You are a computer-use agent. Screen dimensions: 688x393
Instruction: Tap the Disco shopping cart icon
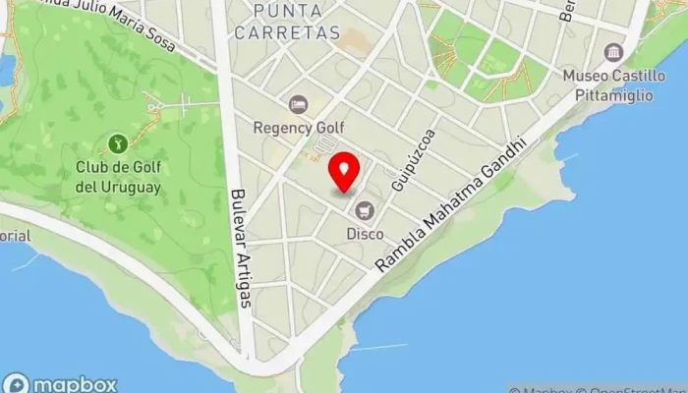pyautogui.click(x=366, y=209)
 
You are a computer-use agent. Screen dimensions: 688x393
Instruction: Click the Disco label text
pyautogui.click(x=365, y=234)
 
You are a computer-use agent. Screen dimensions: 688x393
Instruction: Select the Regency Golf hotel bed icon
pyautogui.click(x=298, y=103)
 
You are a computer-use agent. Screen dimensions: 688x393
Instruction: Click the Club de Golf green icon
pyautogui.click(x=118, y=143)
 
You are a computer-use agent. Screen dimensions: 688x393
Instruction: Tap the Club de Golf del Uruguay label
pyautogui.click(x=118, y=176)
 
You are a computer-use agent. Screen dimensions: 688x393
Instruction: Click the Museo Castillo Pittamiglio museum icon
pyautogui.click(x=614, y=52)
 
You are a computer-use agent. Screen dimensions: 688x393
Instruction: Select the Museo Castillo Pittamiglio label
pyautogui.click(x=614, y=84)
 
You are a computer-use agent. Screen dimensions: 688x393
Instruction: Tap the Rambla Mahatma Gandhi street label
pyautogui.click(x=453, y=205)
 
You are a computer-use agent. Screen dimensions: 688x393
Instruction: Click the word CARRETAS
pyautogui.click(x=296, y=32)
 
